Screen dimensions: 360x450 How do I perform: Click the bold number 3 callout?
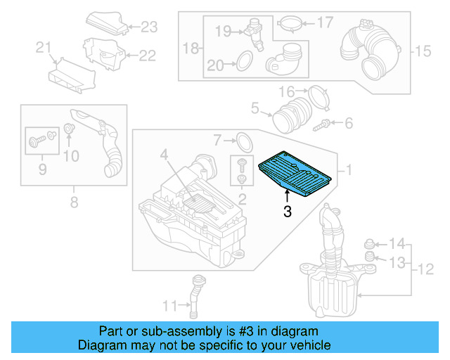click(287, 211)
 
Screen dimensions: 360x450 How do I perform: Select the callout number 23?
click(149, 27)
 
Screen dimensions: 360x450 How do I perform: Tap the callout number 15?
click(421, 50)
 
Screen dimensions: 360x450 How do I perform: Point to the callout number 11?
click(169, 306)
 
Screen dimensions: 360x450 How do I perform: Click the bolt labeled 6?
click(324, 125)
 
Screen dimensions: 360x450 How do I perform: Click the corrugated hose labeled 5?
click(290, 112)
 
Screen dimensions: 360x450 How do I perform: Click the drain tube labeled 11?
click(195, 293)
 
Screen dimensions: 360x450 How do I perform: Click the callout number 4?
click(163, 154)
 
